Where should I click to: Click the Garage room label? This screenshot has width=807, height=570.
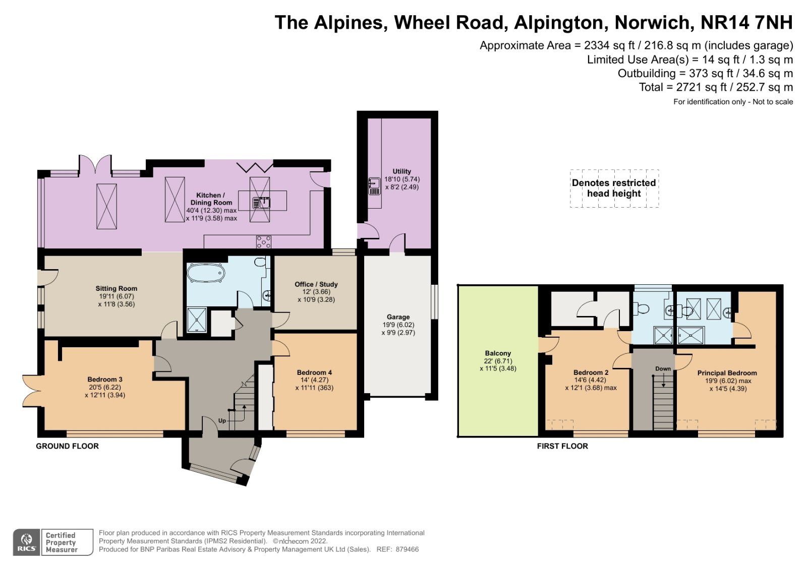(398, 317)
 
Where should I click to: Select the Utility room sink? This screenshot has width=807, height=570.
(374, 186)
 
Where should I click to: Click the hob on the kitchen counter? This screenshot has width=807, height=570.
(263, 242)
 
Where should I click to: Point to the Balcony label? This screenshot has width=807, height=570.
(498, 353)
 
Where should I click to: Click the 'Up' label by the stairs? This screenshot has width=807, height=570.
(222, 420)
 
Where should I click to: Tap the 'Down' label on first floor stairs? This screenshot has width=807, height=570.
(663, 368)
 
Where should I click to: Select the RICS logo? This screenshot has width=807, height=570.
(27, 543)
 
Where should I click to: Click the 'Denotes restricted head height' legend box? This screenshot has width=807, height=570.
(614, 188)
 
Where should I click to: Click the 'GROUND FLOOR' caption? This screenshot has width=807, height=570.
(67, 446)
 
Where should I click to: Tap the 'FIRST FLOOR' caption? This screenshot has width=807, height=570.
(562, 446)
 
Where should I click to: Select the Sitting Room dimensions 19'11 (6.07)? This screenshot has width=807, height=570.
(116, 296)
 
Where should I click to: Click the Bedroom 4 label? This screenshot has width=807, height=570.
(314, 372)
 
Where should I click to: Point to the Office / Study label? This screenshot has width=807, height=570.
(316, 284)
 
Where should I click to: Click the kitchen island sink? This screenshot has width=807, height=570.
(261, 203)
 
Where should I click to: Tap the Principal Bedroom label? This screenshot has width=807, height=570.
(727, 373)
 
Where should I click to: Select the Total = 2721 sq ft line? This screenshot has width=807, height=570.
(716, 87)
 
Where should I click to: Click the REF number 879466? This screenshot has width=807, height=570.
(407, 549)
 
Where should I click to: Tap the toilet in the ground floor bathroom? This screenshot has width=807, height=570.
(260, 262)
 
